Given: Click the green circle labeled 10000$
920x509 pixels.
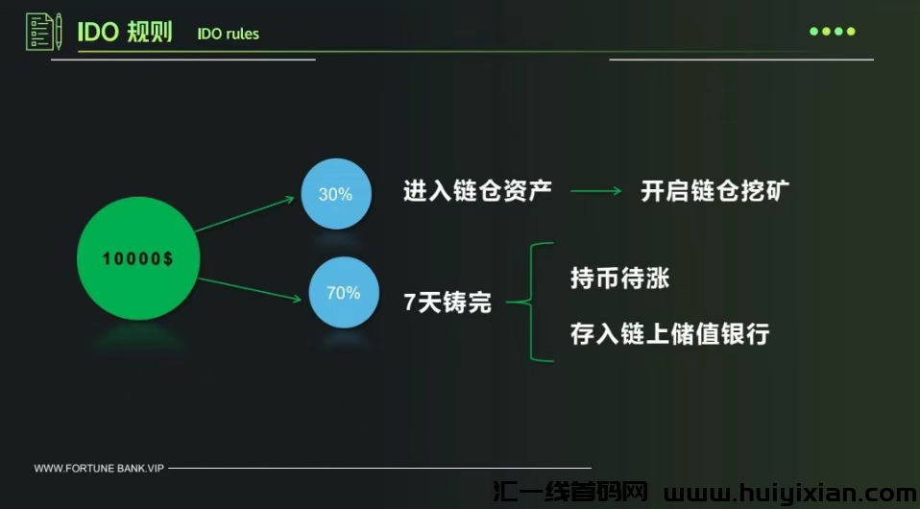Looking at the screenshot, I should (x=138, y=259).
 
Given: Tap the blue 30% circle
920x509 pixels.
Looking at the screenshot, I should (x=335, y=194).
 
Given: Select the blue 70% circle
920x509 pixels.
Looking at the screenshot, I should (x=343, y=292).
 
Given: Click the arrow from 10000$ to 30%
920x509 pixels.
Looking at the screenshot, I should (x=245, y=214).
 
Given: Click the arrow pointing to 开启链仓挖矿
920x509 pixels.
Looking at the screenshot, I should (x=596, y=191).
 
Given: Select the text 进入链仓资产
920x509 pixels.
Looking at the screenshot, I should (x=477, y=190).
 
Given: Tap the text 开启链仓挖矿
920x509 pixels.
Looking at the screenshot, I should (x=715, y=190).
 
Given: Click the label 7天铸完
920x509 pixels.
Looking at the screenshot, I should (x=448, y=303).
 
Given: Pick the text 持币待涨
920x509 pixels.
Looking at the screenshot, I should (x=619, y=279).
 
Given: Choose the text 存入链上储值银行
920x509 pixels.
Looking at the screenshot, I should (x=669, y=334).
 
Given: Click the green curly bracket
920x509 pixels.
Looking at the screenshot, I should (x=531, y=303).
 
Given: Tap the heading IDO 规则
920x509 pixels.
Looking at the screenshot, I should (x=125, y=32).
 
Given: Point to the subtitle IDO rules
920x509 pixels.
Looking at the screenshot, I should (x=228, y=35).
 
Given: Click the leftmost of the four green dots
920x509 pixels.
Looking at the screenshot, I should (x=813, y=32).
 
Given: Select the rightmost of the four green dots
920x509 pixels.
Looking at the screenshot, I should (x=851, y=32).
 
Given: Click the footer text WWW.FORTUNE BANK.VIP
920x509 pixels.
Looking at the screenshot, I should (x=99, y=469).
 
